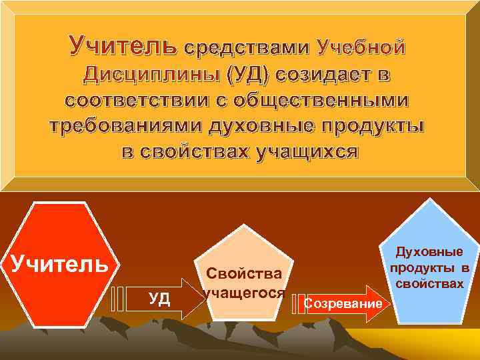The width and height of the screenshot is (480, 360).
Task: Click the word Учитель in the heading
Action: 123,47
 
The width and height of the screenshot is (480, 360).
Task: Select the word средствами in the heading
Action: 247,48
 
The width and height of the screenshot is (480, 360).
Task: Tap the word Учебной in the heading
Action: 361,48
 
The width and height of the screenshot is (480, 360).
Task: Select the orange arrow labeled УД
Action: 167,297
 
